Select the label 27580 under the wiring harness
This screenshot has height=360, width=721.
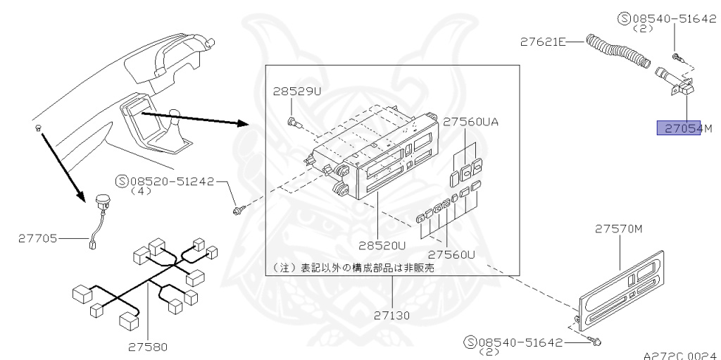coord(148,346)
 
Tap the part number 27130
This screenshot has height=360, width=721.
coord(392,315)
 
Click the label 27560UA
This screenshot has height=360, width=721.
coord(470,121)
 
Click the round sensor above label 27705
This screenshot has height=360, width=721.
coord(102,201)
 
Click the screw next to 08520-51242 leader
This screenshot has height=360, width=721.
coord(239,209)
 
